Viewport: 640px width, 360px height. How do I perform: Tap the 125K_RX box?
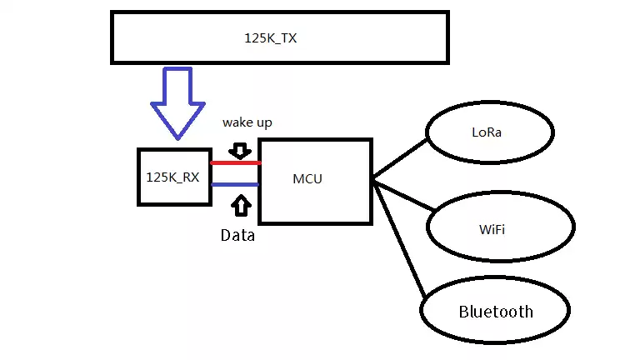pos(173,177)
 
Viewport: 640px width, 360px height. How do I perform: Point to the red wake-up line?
pos(235,162)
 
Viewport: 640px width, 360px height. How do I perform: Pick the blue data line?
pos(235,184)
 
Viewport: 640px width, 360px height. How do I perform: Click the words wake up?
pos(247,122)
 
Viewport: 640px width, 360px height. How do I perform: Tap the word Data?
pos(237,236)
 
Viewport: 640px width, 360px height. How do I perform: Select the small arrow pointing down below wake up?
pos(240,150)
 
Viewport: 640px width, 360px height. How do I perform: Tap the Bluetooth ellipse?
pos(496,312)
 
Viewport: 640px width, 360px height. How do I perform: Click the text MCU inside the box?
pos(307,179)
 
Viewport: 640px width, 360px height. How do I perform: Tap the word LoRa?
pos(487,132)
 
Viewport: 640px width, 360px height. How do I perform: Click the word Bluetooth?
pos(496,312)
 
